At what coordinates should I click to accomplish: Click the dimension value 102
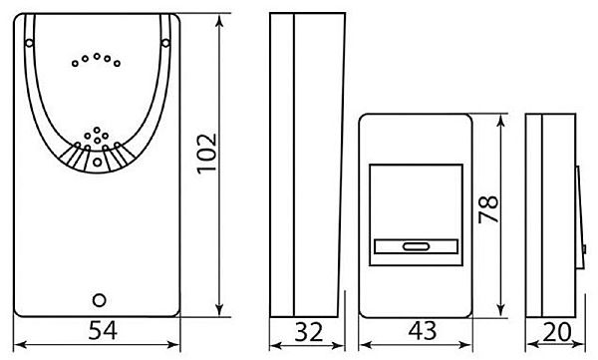206,154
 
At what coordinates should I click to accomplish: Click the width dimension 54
103,331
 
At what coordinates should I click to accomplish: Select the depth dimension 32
309,332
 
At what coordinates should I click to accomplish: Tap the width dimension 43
423,331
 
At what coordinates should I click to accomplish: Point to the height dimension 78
489,209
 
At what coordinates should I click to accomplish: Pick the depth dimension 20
557,332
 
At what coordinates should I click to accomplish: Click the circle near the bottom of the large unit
99,300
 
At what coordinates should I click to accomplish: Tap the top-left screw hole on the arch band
29,43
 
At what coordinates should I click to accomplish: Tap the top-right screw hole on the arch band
165,43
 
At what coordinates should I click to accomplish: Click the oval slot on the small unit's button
416,247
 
